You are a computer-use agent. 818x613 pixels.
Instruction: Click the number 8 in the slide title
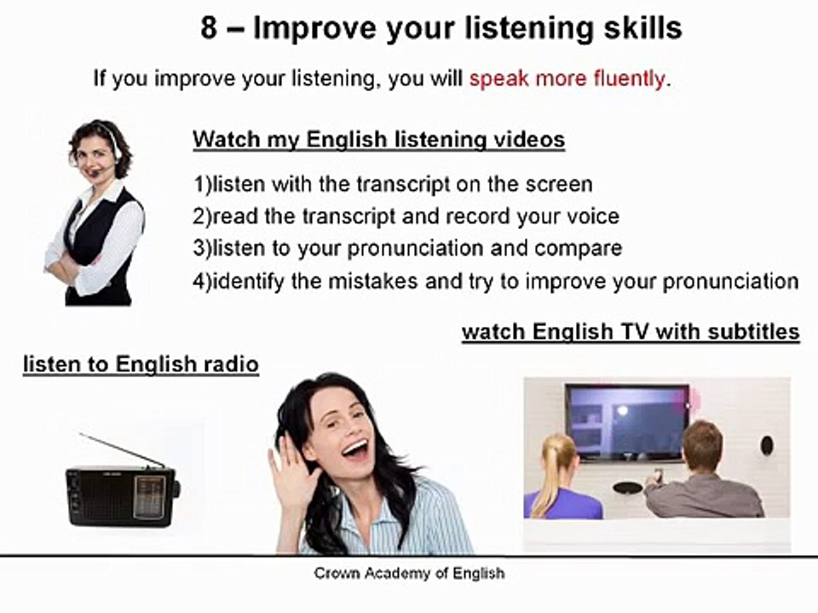tap(209, 28)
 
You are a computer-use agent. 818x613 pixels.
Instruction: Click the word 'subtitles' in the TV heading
tap(752, 331)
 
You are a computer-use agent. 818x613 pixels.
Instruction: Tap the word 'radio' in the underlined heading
tap(233, 364)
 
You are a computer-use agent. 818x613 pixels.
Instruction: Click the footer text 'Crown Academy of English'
tap(409, 573)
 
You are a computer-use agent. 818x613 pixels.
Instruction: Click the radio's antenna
tap(122, 450)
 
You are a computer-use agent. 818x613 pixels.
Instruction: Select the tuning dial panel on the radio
tap(150, 496)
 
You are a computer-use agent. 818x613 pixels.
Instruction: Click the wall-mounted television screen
tap(626, 421)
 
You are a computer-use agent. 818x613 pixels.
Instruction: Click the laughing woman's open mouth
tap(355, 450)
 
